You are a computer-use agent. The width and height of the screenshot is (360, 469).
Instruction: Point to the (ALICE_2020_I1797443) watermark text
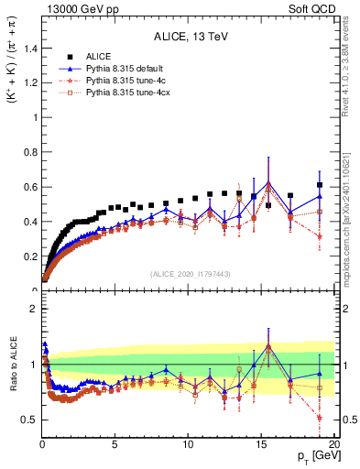click(189, 273)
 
